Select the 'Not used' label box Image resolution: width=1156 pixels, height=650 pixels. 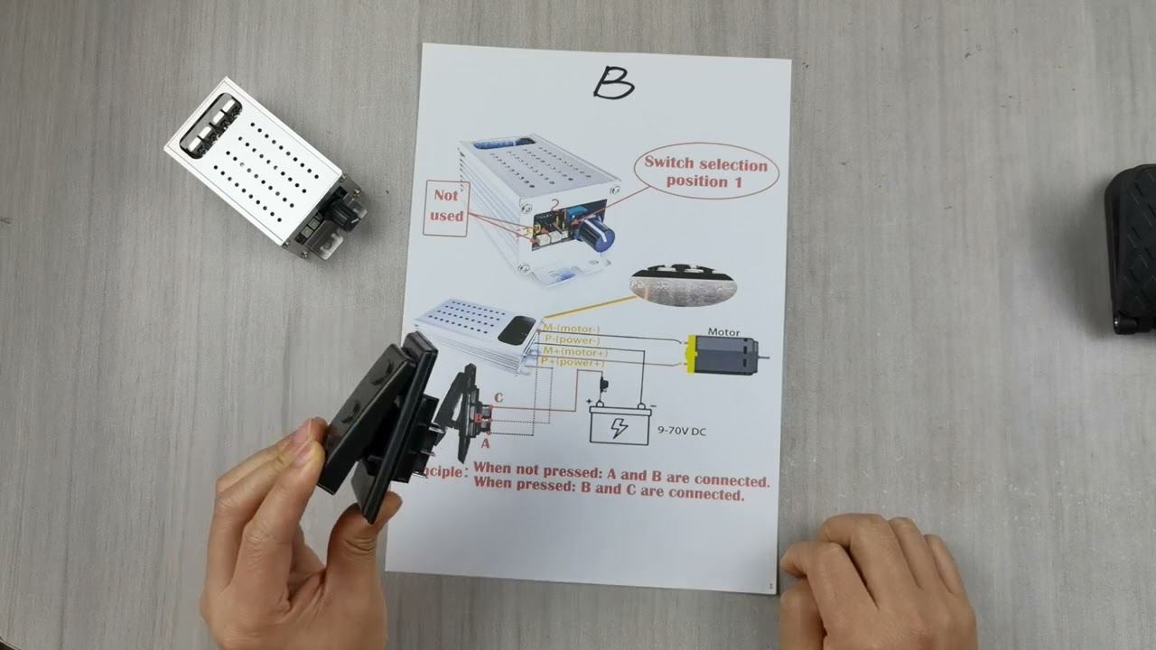click(446, 207)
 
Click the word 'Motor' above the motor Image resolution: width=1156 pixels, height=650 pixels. click(723, 332)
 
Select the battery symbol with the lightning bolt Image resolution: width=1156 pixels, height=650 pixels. click(619, 424)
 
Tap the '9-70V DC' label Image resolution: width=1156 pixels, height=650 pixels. click(682, 432)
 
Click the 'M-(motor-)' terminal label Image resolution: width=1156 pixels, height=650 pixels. click(571, 329)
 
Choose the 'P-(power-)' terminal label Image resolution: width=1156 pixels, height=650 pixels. click(573, 340)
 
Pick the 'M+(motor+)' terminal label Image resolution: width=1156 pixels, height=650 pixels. click(575, 352)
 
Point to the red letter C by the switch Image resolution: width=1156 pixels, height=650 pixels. click(499, 398)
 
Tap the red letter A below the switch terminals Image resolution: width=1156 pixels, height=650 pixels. click(485, 443)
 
